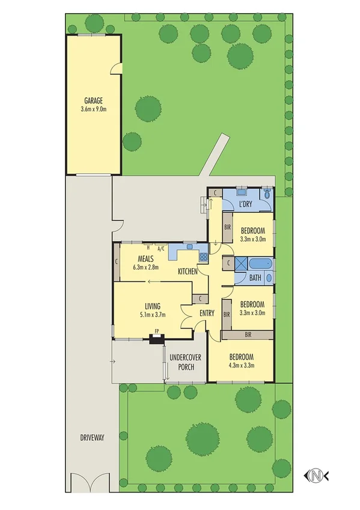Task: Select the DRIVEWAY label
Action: click(x=92, y=438)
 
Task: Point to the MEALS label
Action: click(x=145, y=259)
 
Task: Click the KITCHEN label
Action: click(x=188, y=272)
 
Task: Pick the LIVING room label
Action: click(x=151, y=306)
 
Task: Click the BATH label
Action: click(x=255, y=277)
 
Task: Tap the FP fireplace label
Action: click(x=157, y=331)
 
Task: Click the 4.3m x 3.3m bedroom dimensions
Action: click(x=241, y=364)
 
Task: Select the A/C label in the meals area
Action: click(x=161, y=248)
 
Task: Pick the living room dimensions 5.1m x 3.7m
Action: click(x=151, y=314)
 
